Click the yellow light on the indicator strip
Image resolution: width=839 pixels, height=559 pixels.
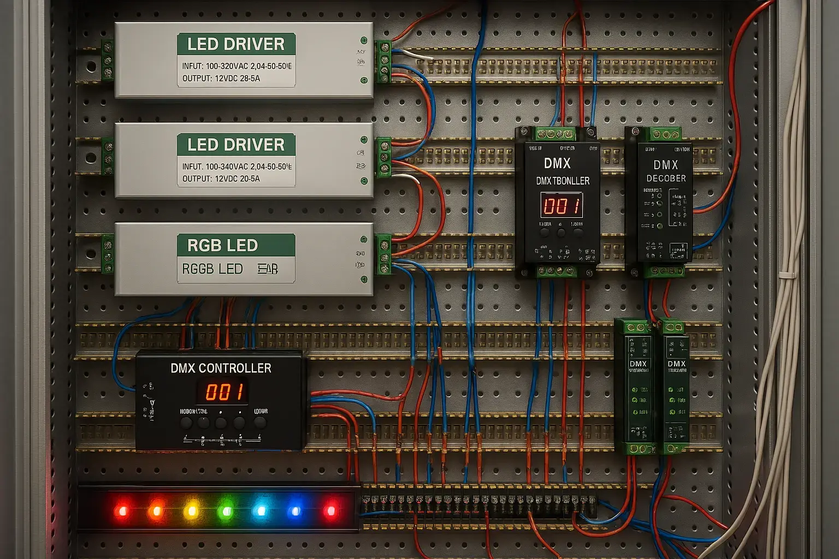[x=191, y=512]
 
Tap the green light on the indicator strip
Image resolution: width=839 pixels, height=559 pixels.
[x=226, y=512]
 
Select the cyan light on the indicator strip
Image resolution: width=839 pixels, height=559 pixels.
[x=261, y=511]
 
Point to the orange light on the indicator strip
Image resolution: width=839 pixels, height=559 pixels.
[x=156, y=511]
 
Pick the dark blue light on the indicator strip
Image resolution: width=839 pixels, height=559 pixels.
[x=295, y=512]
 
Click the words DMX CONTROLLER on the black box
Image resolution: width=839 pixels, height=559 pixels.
[x=221, y=368]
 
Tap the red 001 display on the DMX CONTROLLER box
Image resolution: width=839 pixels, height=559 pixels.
[x=224, y=391]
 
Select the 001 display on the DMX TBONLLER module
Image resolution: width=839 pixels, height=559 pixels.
[x=562, y=206]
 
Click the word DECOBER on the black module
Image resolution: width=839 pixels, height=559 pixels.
[x=666, y=179]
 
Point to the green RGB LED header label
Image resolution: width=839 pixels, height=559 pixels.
[x=236, y=245]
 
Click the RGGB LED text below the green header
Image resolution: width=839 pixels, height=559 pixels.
[x=212, y=269]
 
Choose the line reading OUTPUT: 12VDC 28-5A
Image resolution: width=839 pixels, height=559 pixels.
[x=221, y=79]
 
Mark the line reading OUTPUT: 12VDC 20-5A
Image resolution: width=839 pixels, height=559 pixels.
[x=221, y=179]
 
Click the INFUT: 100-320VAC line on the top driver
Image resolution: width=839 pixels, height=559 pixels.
[x=237, y=66]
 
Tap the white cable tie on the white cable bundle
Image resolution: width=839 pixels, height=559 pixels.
[x=787, y=274]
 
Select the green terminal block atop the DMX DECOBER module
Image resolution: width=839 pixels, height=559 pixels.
[x=664, y=134]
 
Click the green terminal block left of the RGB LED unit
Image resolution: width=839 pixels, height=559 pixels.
[x=108, y=254]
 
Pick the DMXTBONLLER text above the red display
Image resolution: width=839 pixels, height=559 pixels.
[x=563, y=181]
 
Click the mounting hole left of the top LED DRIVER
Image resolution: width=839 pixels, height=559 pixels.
[x=91, y=67]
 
